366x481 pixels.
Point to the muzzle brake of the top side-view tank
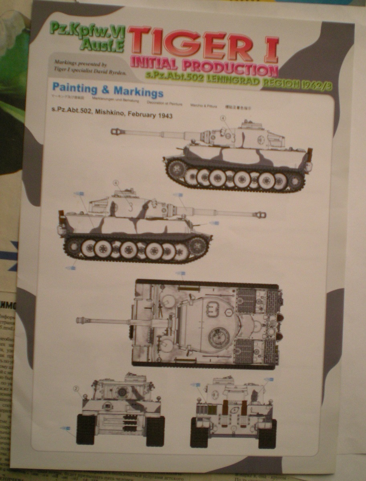pyautogui.click(x=116, y=131)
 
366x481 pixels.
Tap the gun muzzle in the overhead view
pyautogui.click(x=81, y=320)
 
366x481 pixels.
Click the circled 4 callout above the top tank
pyautogui.click(x=223, y=118)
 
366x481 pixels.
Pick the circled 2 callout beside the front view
pyautogui.click(x=75, y=388)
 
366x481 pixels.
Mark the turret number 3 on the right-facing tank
pyautogui.click(x=130, y=208)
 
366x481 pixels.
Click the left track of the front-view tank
pyautogui.click(x=85, y=430)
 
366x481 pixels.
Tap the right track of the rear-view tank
pyautogui.click(x=267, y=433)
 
